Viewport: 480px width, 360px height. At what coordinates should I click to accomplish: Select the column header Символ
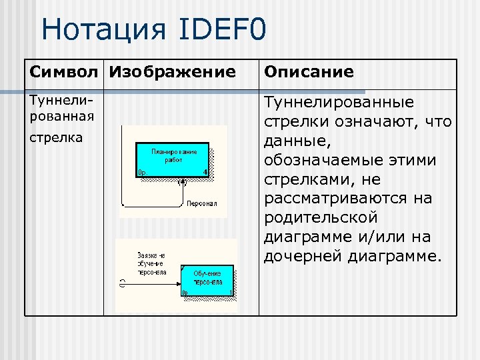click(65, 72)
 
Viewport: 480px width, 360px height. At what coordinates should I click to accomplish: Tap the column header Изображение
click(172, 72)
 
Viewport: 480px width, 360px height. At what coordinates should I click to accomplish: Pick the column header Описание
click(309, 72)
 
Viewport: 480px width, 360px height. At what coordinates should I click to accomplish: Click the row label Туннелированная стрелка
click(61, 119)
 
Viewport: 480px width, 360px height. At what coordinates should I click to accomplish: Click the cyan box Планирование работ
click(173, 159)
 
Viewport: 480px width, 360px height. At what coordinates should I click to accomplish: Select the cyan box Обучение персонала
click(207, 280)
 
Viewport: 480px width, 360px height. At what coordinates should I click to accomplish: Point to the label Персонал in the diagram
click(201, 203)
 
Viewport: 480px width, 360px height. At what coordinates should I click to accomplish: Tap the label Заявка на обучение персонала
click(151, 263)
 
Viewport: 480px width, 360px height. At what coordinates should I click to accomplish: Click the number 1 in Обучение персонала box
click(230, 293)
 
